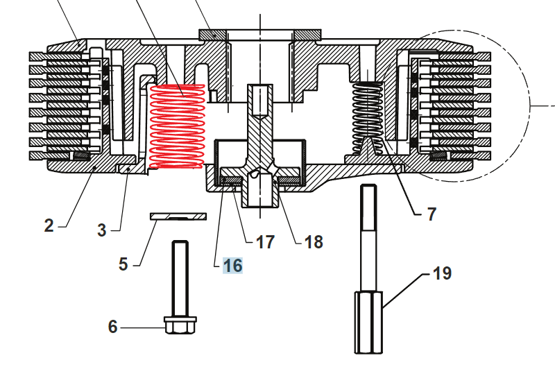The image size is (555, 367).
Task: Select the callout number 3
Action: (102, 230)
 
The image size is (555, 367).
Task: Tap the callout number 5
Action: (123, 264)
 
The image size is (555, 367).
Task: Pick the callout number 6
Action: (113, 326)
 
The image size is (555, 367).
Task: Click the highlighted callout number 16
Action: (232, 266)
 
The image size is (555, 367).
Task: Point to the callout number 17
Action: (265, 242)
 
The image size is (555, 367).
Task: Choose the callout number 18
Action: (314, 242)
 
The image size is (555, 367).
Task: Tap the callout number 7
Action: (432, 214)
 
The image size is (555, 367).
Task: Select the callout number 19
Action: (442, 273)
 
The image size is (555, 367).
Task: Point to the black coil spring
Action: (368, 114)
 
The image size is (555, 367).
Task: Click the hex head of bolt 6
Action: (180, 325)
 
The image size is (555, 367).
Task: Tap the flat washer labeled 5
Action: (179, 217)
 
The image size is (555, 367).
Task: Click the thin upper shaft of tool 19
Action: (369, 236)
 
